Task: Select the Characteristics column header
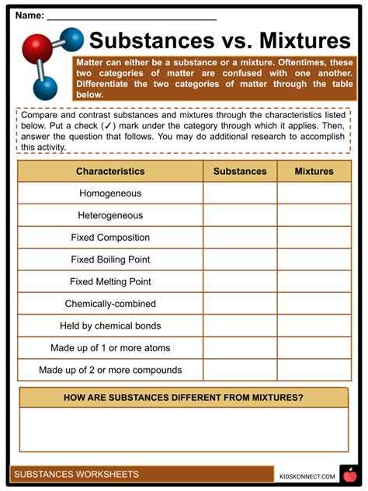(110, 171)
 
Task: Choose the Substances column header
(240, 171)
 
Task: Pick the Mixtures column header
(314, 171)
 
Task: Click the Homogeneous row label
(110, 193)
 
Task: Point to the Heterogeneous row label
(110, 215)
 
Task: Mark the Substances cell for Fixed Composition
(240, 238)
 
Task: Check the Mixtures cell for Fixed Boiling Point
(314, 259)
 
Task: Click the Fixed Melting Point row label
(110, 282)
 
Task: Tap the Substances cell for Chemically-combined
(240, 304)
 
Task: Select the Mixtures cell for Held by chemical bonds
(314, 326)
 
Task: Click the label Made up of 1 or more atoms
(110, 348)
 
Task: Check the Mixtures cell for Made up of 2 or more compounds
(314, 370)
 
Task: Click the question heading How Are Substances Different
(184, 398)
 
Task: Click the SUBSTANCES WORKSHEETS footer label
(77, 474)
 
